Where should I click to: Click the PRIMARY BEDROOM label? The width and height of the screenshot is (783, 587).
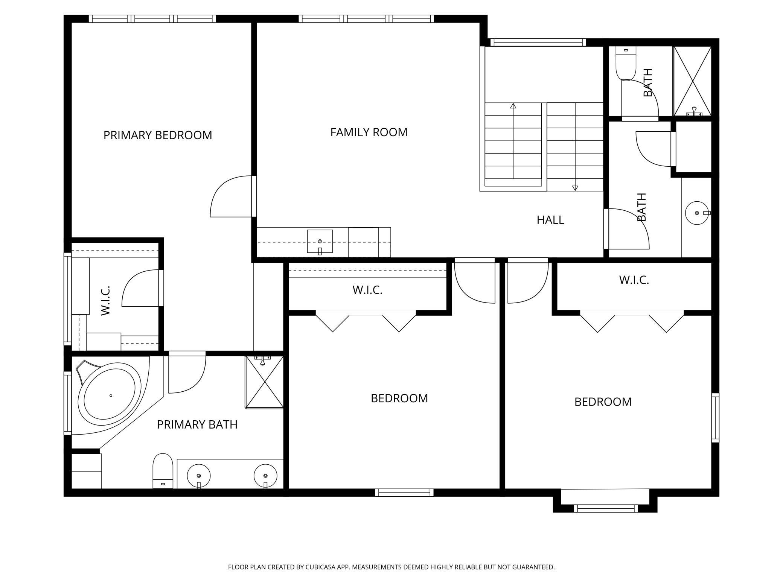pyautogui.click(x=158, y=135)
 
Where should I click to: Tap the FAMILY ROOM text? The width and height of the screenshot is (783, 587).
pyautogui.click(x=369, y=132)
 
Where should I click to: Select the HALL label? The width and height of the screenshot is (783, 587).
pyautogui.click(x=550, y=220)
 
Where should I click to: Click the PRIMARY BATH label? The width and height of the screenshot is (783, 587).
pyautogui.click(x=197, y=424)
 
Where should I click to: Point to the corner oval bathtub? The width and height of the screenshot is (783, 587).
pyautogui.click(x=110, y=396)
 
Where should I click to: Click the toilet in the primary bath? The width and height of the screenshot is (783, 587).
pyautogui.click(x=163, y=471)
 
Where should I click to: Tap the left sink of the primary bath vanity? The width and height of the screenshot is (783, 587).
pyautogui.click(x=199, y=476)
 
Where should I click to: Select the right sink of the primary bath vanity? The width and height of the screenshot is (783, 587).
pyautogui.click(x=265, y=476)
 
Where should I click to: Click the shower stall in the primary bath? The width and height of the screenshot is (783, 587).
pyautogui.click(x=264, y=382)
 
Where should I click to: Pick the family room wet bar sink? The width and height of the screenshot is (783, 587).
pyautogui.click(x=320, y=242)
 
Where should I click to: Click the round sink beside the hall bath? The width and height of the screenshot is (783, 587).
pyautogui.click(x=697, y=213)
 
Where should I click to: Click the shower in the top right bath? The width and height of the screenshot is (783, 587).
pyautogui.click(x=692, y=81)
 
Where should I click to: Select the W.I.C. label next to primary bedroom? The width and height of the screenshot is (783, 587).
pyautogui.click(x=105, y=301)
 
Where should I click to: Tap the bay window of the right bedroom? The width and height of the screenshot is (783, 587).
pyautogui.click(x=606, y=509)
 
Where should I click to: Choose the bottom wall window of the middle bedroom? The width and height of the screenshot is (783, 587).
pyautogui.click(x=404, y=493)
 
